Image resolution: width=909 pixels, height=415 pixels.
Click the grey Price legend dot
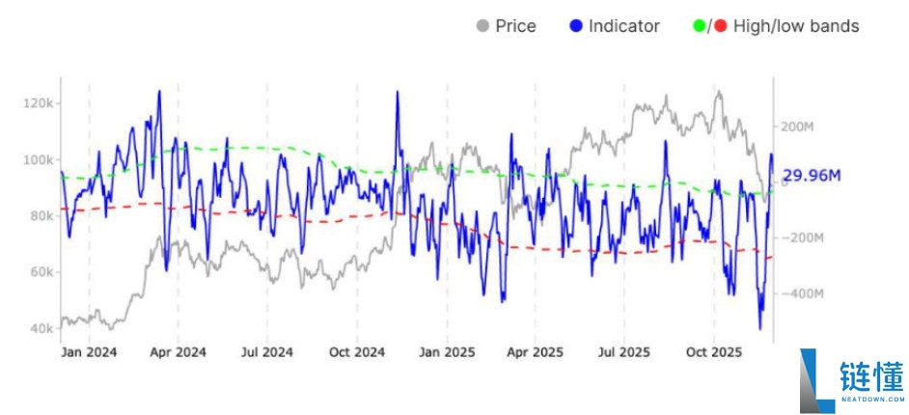coord(483,26)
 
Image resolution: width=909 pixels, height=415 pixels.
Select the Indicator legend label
coord(624,26)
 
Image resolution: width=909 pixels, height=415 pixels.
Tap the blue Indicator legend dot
coord(576,26)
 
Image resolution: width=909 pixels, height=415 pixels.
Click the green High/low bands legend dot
coord(701,26)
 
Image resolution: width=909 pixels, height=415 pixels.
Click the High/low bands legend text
coord(796,26)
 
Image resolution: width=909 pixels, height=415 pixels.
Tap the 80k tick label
coord(40,216)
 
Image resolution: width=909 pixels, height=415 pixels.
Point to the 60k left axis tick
coord(40,272)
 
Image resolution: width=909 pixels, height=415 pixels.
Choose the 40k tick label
coord(40,329)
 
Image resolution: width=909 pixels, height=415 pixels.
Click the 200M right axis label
coord(798,126)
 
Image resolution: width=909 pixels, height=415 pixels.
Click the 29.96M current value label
coord(812,176)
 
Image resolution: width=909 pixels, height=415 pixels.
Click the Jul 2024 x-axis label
coord(265,352)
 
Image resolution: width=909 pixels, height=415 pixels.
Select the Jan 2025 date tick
coord(445,352)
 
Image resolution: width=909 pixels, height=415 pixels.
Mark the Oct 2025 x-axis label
coord(712,352)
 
